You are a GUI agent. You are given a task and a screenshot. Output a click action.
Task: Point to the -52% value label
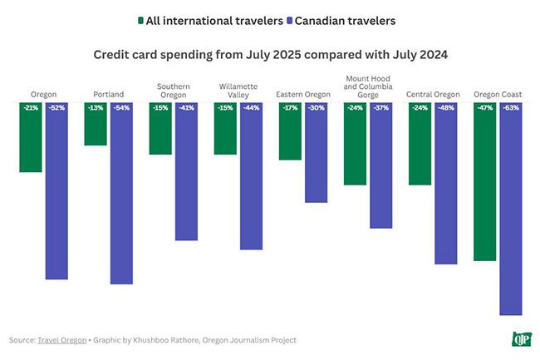56,108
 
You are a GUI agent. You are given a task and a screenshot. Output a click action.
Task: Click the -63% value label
511,108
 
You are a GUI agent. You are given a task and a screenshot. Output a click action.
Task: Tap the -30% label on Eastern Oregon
316,108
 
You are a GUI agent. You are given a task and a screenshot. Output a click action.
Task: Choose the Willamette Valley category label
238,90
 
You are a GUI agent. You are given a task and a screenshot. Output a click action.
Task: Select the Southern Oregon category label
173,90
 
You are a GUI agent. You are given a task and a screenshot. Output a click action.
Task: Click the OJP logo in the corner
523,338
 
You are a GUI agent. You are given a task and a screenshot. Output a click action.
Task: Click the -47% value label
485,108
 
